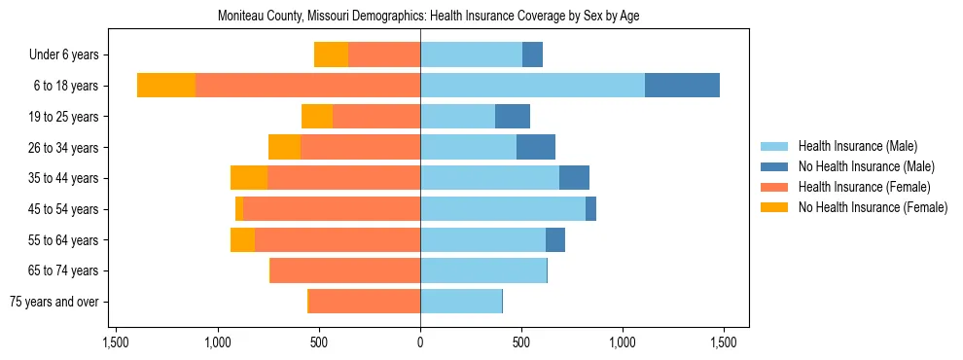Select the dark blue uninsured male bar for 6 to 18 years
[682, 86]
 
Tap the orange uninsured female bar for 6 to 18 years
[166, 86]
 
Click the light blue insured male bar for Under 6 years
[471, 54]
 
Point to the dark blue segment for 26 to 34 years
[536, 147]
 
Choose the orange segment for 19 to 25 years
[317, 117]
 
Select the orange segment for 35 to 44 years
[249, 178]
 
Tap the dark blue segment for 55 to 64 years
[555, 239]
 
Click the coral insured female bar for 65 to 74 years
[345, 270]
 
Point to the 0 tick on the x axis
[420, 342]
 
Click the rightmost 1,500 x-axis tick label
[723, 342]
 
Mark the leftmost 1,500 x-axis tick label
[116, 342]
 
